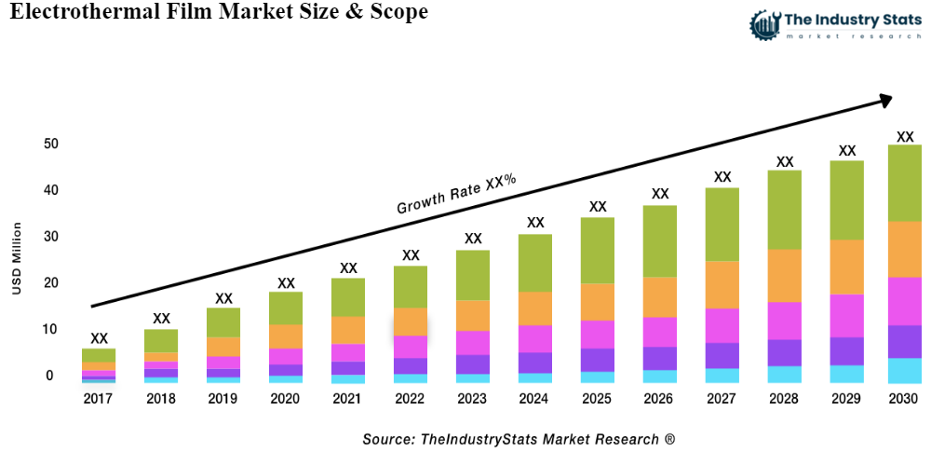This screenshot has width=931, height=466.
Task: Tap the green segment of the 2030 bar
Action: click(904, 183)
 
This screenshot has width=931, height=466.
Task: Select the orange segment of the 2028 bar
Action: click(785, 276)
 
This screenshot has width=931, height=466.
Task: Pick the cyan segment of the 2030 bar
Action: click(904, 371)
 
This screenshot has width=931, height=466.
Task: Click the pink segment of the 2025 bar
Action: click(597, 335)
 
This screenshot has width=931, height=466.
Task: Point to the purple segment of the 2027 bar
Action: click(722, 356)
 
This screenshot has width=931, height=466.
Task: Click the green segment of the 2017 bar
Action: click(99, 355)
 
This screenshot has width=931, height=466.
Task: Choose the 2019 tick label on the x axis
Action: click(223, 399)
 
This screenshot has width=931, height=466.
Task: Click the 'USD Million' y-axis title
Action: click(17, 259)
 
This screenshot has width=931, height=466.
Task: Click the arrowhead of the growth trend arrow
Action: click(884, 99)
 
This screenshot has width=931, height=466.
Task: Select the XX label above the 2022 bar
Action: click(411, 255)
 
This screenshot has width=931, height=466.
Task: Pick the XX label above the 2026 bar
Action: click(660, 194)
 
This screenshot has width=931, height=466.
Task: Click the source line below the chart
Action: click(519, 439)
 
